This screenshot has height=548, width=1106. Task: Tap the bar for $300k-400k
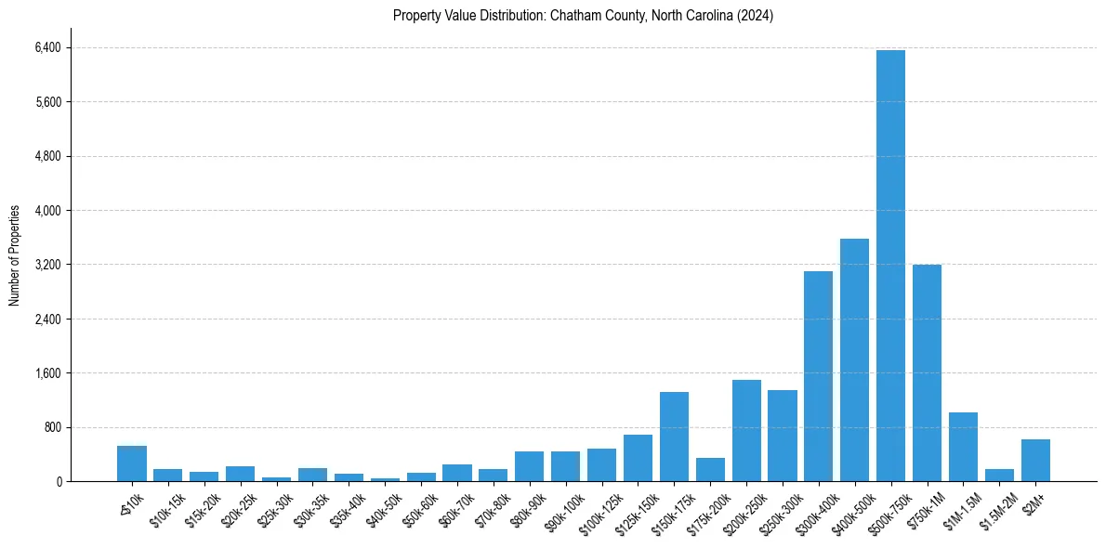pos(818,376)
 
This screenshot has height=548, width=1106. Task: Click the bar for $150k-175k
pos(674,437)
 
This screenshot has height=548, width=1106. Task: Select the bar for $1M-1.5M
pos(963,447)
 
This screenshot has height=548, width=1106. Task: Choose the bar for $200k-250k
pos(746,431)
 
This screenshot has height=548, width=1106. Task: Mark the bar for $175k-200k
pos(710,470)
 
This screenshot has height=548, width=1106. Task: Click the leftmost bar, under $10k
pos(132,463)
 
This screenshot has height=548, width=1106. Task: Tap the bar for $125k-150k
pos(638,458)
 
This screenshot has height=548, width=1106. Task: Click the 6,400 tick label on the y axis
pos(47,47)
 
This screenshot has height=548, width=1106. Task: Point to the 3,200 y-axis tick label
pos(47,265)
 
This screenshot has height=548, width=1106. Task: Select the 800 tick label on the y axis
pos(52,427)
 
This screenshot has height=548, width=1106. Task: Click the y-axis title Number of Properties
pos(15,255)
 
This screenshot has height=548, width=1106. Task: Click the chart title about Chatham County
pos(583,16)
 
